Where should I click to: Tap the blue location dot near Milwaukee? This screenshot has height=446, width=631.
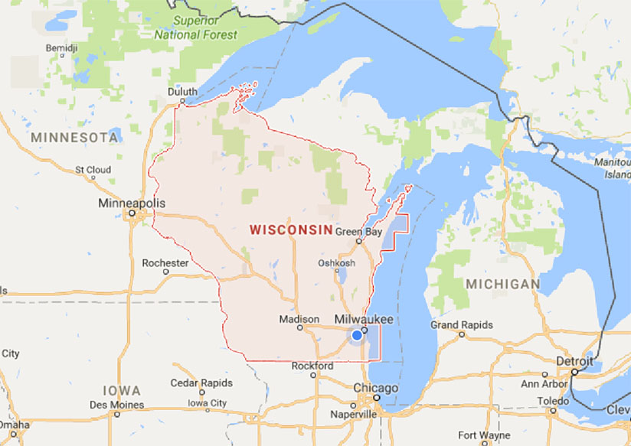click(357, 335)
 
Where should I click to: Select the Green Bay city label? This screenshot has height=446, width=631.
click(358, 232)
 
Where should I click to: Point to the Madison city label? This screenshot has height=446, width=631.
click(299, 319)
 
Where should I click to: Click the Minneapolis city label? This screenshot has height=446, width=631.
click(132, 204)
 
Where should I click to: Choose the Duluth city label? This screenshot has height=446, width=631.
click(182, 92)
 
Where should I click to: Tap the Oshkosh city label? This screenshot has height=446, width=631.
click(337, 263)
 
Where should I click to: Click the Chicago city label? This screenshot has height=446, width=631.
click(375, 388)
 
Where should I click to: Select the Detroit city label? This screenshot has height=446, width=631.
click(575, 360)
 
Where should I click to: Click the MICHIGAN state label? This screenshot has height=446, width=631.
click(502, 284)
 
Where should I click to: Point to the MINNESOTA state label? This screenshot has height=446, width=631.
click(74, 138)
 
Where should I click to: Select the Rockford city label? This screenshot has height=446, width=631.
click(312, 366)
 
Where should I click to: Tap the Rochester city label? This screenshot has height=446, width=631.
click(165, 263)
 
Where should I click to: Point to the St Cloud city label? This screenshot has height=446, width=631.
click(93, 170)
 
